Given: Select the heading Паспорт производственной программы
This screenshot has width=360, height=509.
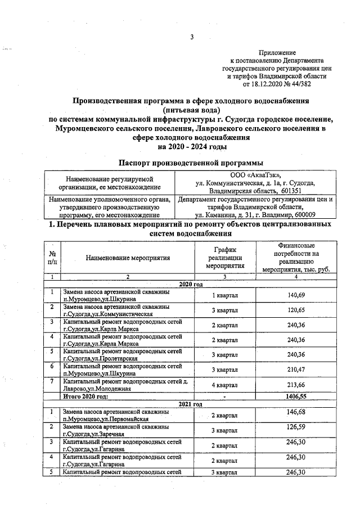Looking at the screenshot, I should pos(191,163).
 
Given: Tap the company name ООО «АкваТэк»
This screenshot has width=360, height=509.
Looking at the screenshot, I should pos(254,176).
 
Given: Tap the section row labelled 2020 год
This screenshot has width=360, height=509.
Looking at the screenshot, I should pos(191,285).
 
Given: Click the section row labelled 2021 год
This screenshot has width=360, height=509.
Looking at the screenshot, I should pos(191,404).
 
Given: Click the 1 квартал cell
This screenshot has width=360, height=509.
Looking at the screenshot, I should pos(224,295).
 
